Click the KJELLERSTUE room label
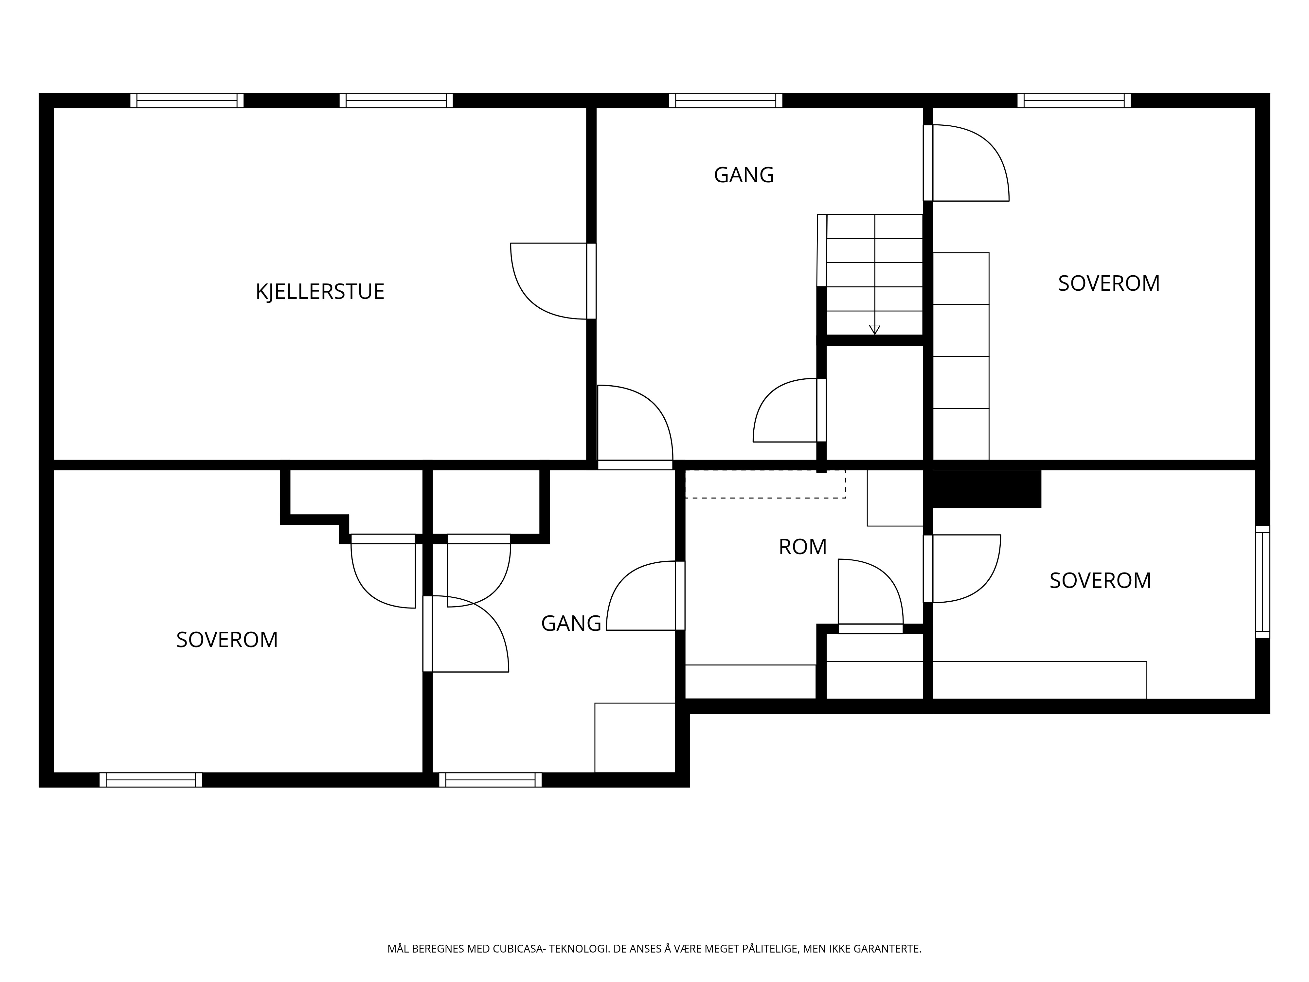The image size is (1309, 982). (x=320, y=292)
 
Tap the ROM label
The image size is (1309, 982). (x=802, y=547)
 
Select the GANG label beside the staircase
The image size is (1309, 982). (x=744, y=175)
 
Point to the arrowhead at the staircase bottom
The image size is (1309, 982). (x=875, y=330)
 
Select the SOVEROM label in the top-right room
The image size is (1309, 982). (x=1108, y=283)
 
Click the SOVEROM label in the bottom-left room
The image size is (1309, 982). (x=227, y=640)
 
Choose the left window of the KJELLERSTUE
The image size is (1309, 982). (x=187, y=100)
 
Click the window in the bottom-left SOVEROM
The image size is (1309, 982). (x=151, y=780)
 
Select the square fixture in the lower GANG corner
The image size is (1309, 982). (x=635, y=737)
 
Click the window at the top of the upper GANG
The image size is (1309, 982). (x=726, y=100)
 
